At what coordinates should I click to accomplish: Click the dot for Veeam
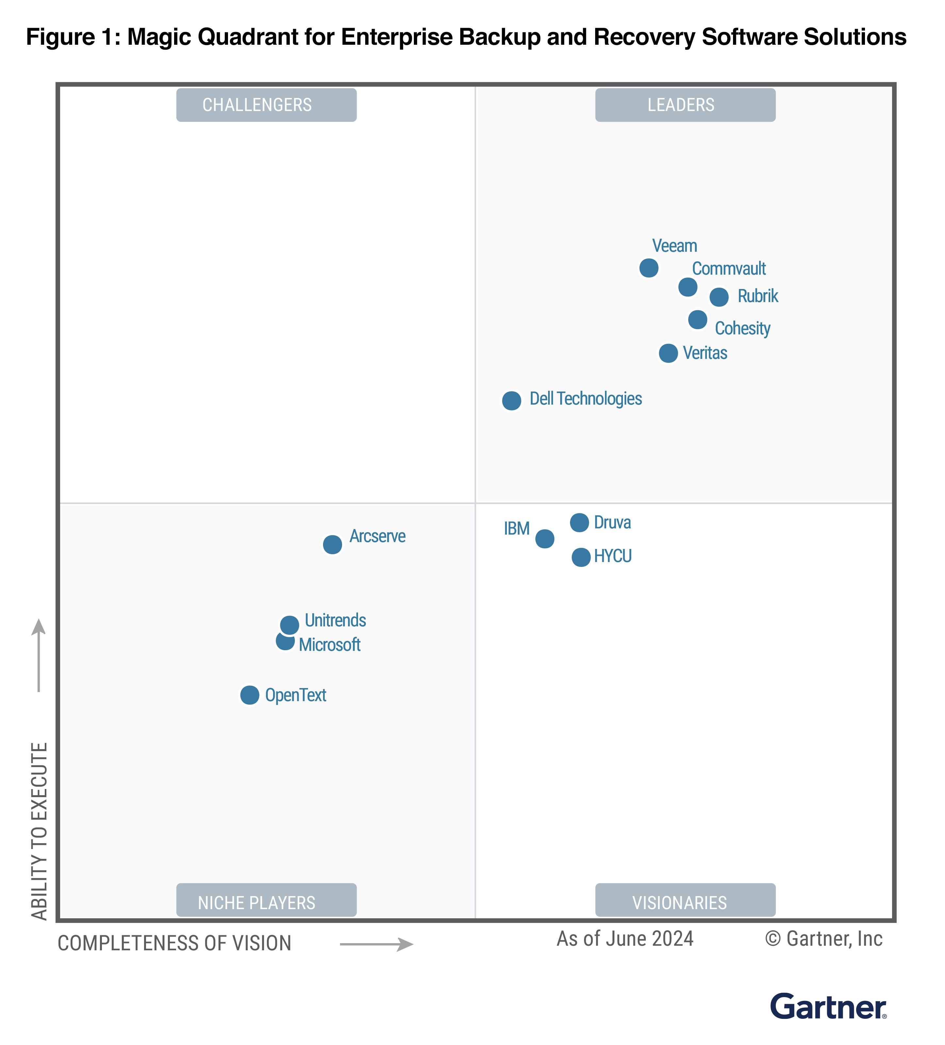[x=648, y=268]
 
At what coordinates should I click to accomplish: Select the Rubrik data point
[x=719, y=297]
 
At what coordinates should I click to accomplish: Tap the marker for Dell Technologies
[x=512, y=401]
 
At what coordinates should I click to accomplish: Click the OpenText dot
[x=250, y=695]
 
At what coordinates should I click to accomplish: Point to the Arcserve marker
[x=332, y=544]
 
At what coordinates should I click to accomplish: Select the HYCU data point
[x=581, y=557]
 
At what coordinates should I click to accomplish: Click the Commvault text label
[x=729, y=268]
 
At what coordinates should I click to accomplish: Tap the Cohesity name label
[x=742, y=328]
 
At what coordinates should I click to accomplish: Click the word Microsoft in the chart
[x=330, y=644]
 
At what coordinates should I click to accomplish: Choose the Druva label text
[x=612, y=522]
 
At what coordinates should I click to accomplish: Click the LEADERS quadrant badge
[x=685, y=105]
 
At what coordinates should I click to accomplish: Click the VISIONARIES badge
[x=685, y=902]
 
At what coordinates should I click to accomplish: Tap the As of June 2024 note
[x=625, y=939]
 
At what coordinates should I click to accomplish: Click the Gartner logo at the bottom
[x=828, y=1007]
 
